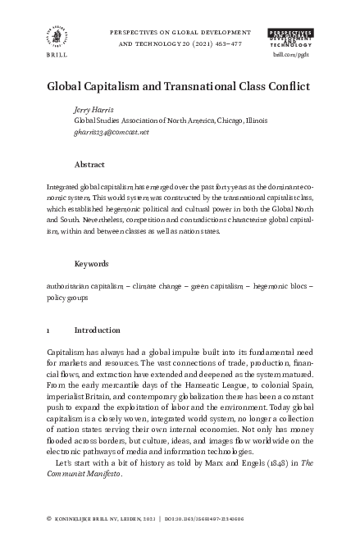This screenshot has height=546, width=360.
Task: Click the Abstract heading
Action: [x=89, y=164]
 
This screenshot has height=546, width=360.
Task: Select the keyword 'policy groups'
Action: [x=69, y=298]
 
